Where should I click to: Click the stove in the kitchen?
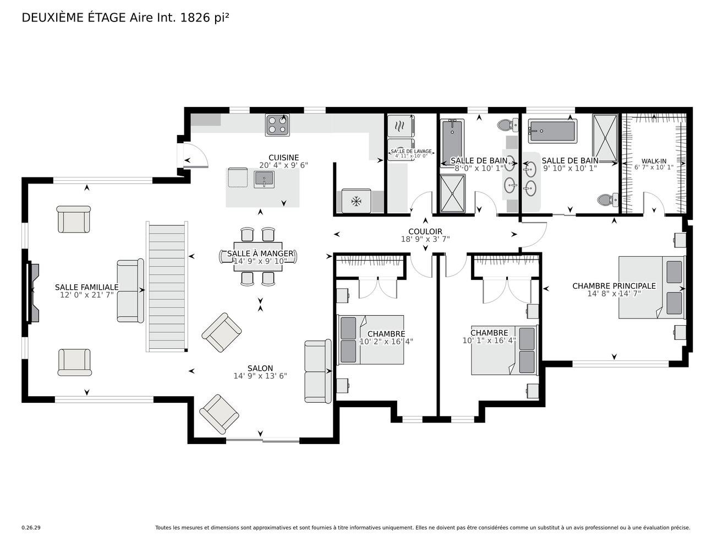[x=277, y=125]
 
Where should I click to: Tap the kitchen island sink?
[x=264, y=179]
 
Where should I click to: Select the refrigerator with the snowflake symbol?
[x=356, y=201]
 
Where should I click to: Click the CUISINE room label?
[x=284, y=158]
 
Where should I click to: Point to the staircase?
[x=167, y=287]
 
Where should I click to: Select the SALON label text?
[x=260, y=368]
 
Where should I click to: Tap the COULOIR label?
[x=425, y=231]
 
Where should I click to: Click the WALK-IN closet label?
[x=654, y=161]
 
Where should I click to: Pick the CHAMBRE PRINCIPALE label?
[x=614, y=286]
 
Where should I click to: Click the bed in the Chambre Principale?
[x=651, y=287]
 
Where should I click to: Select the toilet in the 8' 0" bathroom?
[x=508, y=125]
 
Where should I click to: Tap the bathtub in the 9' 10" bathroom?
[x=552, y=131]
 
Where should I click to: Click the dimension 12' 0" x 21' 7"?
[x=87, y=295]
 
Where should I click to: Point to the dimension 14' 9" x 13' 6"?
[x=260, y=376]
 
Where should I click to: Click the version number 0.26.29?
[x=31, y=528]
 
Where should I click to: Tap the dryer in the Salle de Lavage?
[x=401, y=126]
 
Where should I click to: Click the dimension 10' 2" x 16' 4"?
[x=386, y=342]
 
